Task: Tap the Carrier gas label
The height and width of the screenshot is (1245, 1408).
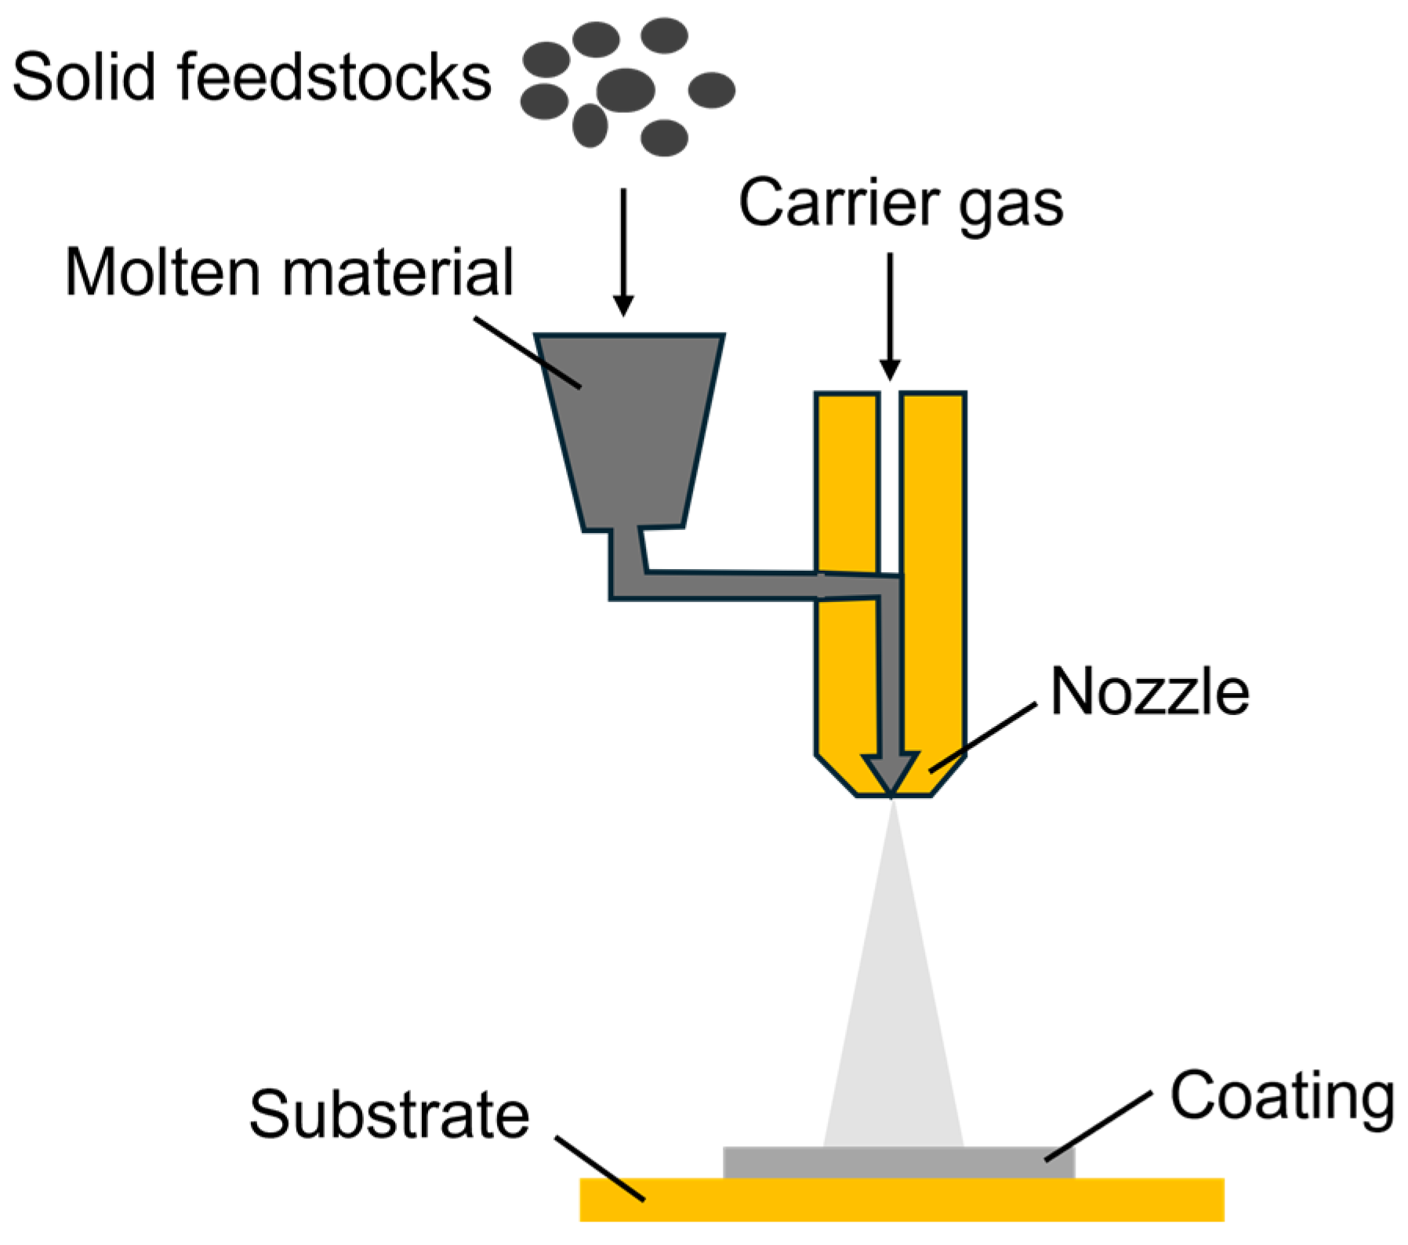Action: point(901,203)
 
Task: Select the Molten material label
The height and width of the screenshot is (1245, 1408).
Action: point(289,272)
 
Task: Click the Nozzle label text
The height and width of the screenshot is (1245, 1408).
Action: point(1149,691)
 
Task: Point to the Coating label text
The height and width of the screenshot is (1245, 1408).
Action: point(1283,1098)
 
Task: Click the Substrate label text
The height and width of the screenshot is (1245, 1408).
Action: point(390,1114)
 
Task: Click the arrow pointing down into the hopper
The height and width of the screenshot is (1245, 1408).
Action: point(623,251)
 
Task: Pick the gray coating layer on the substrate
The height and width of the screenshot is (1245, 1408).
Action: point(898,1163)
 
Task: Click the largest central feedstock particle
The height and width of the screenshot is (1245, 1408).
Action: point(625,89)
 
